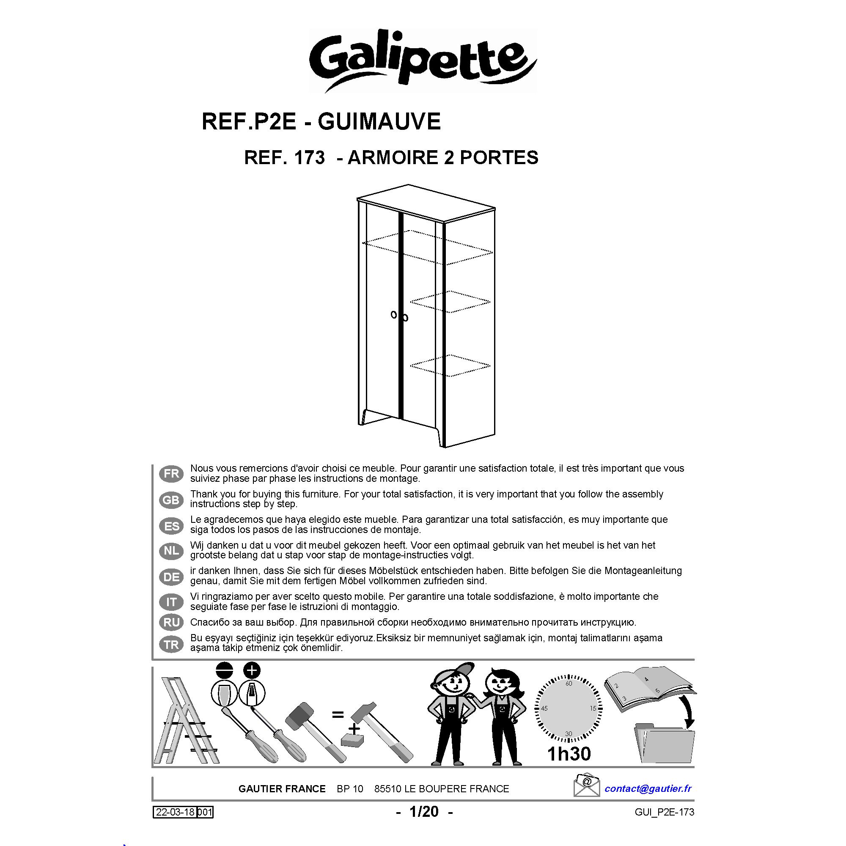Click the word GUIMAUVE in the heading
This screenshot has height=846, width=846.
pyautogui.click(x=379, y=121)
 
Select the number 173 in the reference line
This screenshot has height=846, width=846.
pyautogui.click(x=309, y=158)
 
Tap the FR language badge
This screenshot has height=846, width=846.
pyautogui.click(x=171, y=474)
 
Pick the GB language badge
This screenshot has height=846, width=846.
pyautogui.click(x=171, y=500)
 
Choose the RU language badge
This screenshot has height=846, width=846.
pyautogui.click(x=171, y=622)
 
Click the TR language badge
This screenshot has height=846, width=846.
pyautogui.click(x=171, y=644)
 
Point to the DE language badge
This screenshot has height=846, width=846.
pyautogui.click(x=171, y=577)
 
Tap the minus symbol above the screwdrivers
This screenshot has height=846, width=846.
pyautogui.click(x=225, y=670)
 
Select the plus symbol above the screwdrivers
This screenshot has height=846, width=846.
pyautogui.click(x=251, y=670)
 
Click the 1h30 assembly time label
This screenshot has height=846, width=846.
pyautogui.click(x=569, y=754)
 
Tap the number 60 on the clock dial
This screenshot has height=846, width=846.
pyautogui.click(x=569, y=684)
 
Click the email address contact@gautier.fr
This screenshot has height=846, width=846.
pyautogui.click(x=648, y=788)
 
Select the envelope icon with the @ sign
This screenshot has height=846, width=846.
pyautogui.click(x=587, y=786)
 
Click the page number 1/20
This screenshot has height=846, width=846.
pyautogui.click(x=424, y=812)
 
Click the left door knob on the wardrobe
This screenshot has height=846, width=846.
pyautogui.click(x=393, y=314)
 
